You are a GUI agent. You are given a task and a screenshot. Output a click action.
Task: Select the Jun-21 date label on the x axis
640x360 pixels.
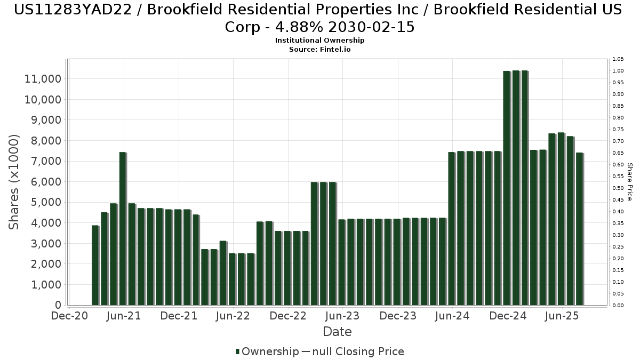123,316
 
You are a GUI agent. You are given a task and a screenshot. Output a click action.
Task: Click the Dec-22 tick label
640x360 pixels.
287,316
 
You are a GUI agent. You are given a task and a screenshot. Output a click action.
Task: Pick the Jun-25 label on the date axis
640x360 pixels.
562,316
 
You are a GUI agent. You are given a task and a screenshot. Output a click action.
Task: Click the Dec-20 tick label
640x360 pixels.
69,316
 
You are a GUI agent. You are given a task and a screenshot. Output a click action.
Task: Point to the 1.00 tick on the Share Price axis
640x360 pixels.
618,71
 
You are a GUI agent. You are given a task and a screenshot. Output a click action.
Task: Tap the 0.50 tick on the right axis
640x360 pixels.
618,188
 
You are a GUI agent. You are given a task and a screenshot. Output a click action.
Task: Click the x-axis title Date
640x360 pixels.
337,332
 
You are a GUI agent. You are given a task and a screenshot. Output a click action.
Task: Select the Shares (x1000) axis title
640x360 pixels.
14,182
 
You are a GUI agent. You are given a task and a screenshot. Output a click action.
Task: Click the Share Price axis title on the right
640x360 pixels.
629,182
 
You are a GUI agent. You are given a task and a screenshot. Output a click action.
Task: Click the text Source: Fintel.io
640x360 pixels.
319,49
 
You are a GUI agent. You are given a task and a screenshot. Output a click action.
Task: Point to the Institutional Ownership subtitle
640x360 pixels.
319,41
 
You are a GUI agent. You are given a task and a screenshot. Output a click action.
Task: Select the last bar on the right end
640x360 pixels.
579,229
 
